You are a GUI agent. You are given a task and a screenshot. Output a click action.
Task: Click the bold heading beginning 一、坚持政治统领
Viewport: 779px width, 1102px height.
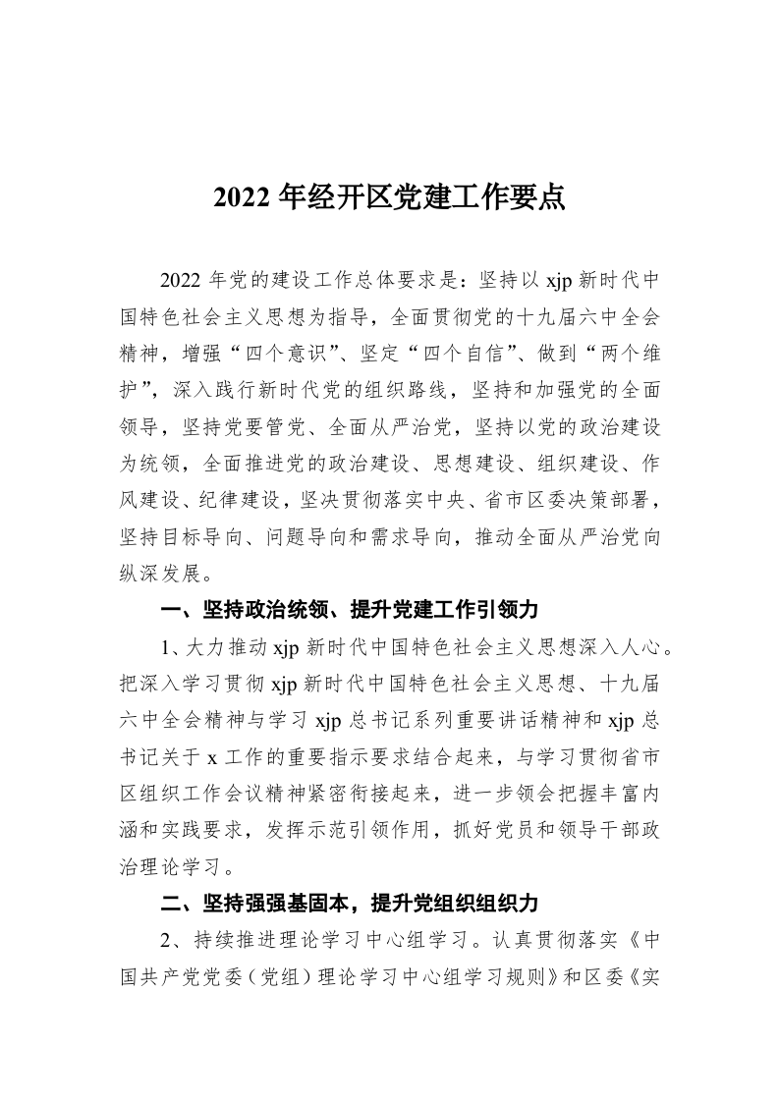[350, 611]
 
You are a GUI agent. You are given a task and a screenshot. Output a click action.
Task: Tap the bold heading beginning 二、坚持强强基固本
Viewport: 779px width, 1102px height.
[350, 902]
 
